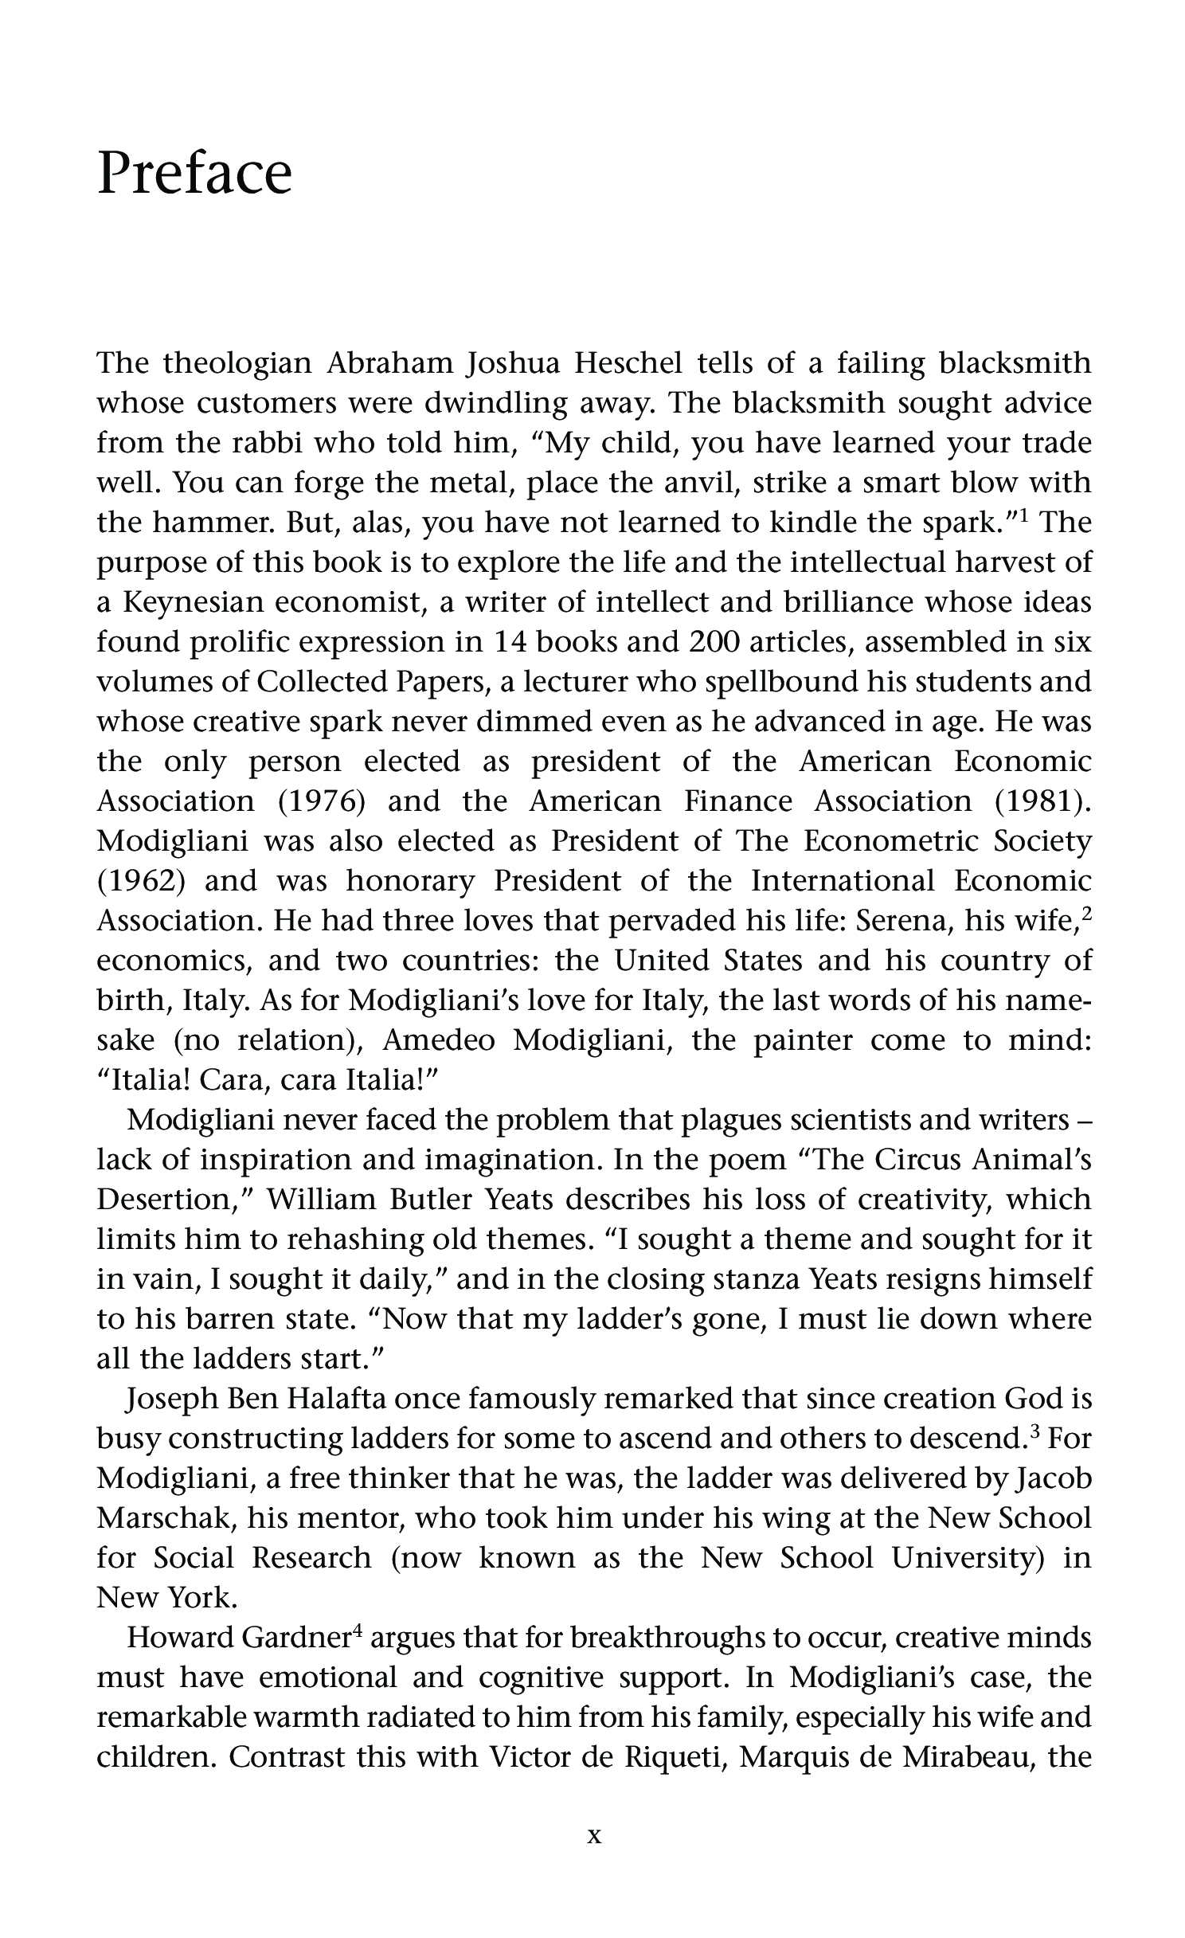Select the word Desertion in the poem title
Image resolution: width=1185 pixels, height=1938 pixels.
click(x=166, y=1200)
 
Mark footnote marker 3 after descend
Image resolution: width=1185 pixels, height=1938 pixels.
click(x=1034, y=1431)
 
